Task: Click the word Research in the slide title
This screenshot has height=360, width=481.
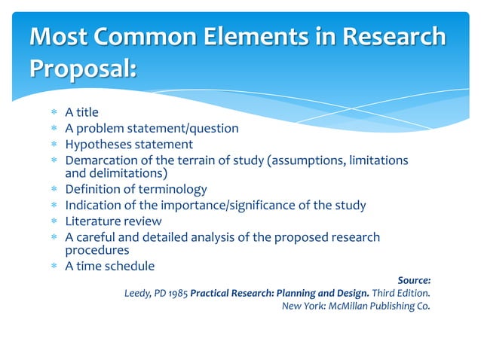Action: pyautogui.click(x=394, y=37)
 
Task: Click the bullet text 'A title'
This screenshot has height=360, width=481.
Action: pyautogui.click(x=81, y=113)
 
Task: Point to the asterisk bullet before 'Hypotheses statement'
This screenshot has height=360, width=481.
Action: pyautogui.click(x=54, y=145)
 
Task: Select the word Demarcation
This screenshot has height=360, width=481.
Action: pyautogui.click(x=100, y=160)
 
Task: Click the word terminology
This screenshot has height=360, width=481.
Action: pyautogui.click(x=170, y=189)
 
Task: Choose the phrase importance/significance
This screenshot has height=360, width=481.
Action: pyautogui.click(x=250, y=205)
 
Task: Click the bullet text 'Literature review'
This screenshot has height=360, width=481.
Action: pyautogui.click(x=113, y=221)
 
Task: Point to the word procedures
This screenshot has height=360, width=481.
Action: pyautogui.click(x=97, y=250)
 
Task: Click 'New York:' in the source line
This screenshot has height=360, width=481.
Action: pyautogui.click(x=303, y=307)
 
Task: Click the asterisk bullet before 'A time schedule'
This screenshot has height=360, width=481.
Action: pyautogui.click(x=54, y=267)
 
